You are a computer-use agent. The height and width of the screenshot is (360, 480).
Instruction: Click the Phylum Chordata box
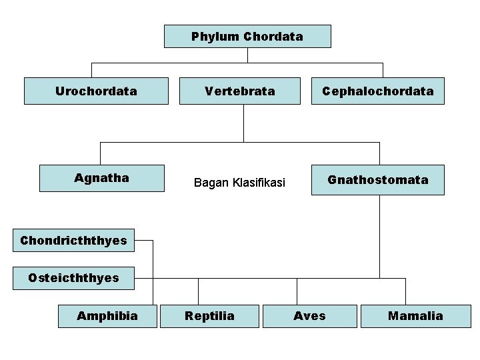247,37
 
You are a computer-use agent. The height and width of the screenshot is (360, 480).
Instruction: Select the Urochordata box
96,91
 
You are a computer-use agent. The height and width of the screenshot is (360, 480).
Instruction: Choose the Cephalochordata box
377,91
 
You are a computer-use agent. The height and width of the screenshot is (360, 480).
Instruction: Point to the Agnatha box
102,178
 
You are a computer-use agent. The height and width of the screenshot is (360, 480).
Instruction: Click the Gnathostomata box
377,180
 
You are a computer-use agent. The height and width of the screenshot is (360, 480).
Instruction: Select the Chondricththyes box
73,240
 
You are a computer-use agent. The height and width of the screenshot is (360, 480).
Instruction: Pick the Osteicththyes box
73,277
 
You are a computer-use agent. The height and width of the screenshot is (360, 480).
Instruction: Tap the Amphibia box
107,315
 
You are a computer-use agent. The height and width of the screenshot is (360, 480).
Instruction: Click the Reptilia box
210,315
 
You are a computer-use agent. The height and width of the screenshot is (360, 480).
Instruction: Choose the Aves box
309,315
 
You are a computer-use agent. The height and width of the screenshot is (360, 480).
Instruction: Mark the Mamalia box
415,315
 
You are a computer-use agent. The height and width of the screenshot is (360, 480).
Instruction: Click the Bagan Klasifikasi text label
239,182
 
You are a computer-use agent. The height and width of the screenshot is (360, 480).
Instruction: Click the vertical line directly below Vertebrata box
243,123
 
